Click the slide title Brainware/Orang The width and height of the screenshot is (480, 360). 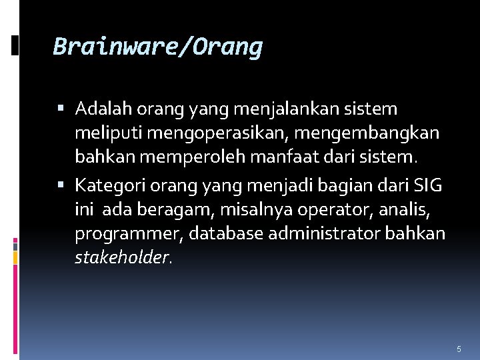pos(158,47)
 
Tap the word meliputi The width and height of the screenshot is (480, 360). pos(108,133)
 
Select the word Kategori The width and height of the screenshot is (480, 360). pos(106,184)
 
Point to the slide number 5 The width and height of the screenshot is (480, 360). pos(459,349)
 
